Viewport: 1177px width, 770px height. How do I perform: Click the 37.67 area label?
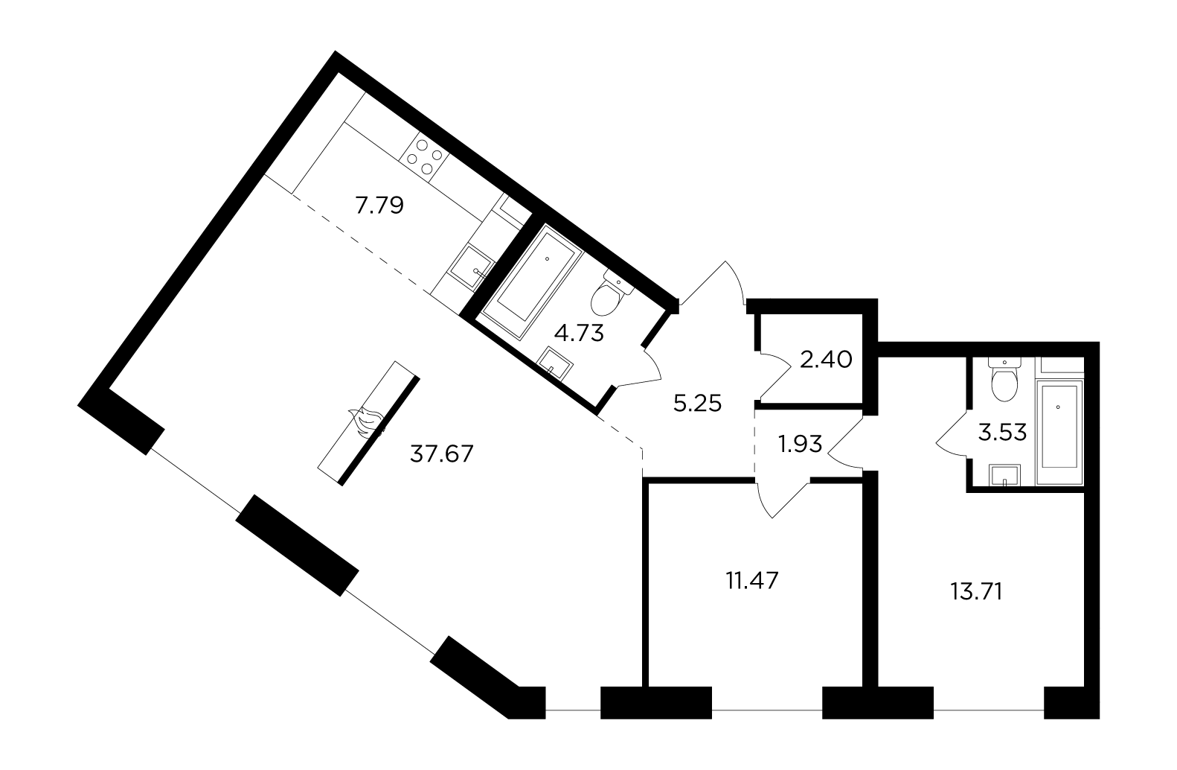coord(441,454)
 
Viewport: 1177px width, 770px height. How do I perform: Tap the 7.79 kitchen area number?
coord(379,205)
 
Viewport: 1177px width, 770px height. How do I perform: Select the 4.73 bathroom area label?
coord(579,333)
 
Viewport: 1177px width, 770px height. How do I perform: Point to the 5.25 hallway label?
coord(697,404)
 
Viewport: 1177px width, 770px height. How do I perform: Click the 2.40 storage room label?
coord(826,360)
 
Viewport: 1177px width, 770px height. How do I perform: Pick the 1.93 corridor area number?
coord(801,445)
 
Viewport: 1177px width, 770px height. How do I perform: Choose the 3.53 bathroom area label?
coord(1002,433)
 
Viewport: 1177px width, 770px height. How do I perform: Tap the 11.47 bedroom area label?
coord(752,581)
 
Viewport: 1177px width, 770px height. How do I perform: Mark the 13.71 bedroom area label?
coord(976,592)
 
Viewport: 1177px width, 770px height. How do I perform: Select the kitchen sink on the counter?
coord(472,270)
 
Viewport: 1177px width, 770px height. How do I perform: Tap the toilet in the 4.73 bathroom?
coord(612,296)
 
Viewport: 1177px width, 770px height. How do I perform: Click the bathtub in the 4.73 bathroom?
coord(532,281)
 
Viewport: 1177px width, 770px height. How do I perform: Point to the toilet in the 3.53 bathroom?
coord(1004,379)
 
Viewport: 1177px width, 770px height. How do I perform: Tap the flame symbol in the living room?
coord(368,421)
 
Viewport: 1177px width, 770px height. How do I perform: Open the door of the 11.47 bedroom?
coord(782,497)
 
